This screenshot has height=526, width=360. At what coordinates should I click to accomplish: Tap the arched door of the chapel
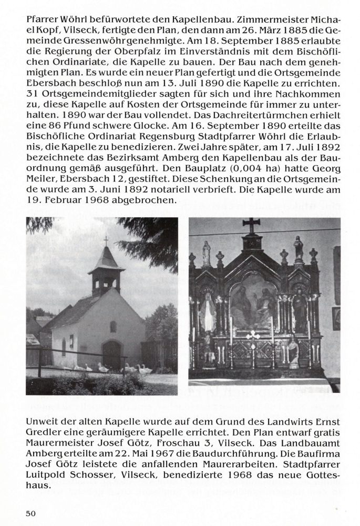coord(111,355)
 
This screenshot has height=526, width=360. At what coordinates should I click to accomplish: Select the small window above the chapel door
coord(112,327)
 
